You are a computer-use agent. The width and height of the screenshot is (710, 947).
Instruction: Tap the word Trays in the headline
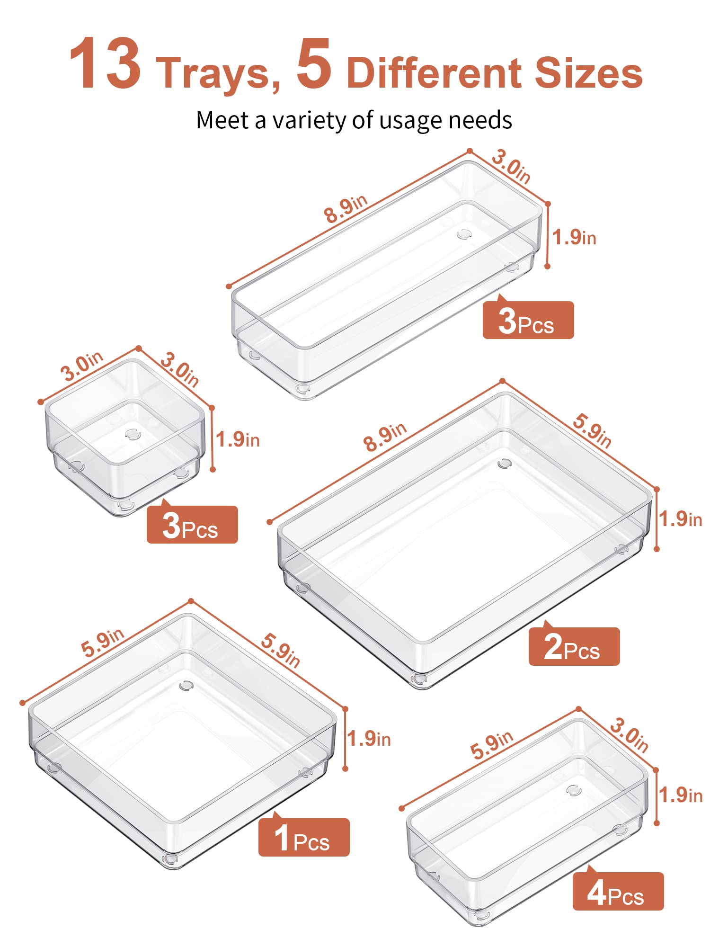[218, 72]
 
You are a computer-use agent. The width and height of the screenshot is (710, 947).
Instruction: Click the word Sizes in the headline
[589, 72]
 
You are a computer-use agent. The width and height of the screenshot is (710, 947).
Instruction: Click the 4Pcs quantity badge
[618, 891]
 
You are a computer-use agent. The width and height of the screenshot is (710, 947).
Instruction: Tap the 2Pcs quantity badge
[574, 646]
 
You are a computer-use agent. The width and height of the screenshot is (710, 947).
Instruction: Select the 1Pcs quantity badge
[304, 837]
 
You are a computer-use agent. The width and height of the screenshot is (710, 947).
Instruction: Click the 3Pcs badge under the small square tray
[192, 524]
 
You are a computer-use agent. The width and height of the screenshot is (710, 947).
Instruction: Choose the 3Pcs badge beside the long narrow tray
[528, 320]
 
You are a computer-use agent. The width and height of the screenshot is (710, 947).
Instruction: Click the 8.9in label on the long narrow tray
[346, 209]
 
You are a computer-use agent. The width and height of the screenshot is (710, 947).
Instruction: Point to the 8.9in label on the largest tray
[385, 437]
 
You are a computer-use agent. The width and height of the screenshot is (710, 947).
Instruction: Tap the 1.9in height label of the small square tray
[238, 439]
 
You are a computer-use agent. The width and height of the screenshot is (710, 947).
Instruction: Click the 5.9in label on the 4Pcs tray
[492, 744]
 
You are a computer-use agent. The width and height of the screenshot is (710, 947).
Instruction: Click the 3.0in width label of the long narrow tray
[511, 166]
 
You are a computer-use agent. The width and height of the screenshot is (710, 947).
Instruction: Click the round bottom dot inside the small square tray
[133, 434]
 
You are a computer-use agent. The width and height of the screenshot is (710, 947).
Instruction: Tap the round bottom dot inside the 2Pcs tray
[505, 464]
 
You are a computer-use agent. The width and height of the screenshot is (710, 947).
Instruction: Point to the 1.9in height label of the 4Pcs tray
[681, 795]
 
